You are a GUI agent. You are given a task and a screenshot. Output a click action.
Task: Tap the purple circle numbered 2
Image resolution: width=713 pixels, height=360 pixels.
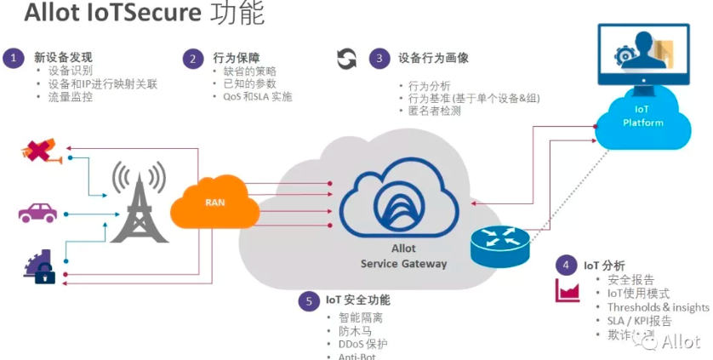coord(193,58)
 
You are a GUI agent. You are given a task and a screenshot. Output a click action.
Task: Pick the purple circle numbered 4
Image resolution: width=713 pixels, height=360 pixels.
coord(566,265)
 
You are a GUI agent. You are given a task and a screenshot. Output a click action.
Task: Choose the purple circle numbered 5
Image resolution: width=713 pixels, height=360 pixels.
coord(308,300)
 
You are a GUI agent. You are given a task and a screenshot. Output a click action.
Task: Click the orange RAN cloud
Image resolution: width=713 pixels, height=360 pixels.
coord(215,203)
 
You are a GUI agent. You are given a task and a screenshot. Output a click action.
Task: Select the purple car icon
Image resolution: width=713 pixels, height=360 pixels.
coord(37,212)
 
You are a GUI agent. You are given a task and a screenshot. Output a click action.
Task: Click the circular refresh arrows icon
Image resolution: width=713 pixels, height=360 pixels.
coord(346,59)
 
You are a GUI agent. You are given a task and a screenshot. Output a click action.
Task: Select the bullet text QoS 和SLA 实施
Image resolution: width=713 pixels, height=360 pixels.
coord(252,97)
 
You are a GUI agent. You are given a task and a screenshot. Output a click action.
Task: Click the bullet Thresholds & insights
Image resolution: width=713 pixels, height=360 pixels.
coord(658,307)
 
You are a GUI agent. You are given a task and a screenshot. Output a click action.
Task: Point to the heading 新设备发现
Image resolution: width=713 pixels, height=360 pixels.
coord(63,58)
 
